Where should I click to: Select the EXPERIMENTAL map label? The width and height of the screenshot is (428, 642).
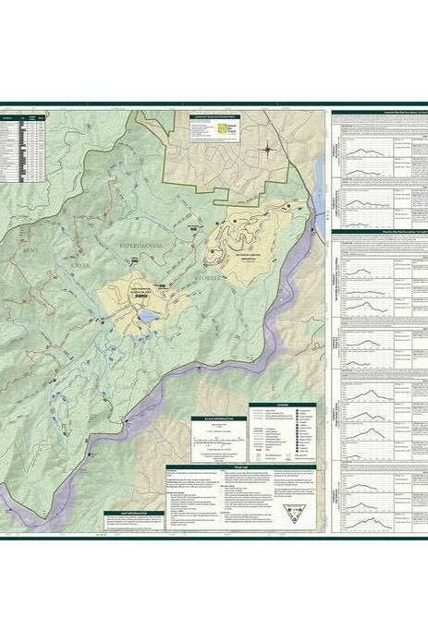click(x=140, y=245)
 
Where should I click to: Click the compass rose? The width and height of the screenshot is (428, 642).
click(x=266, y=148)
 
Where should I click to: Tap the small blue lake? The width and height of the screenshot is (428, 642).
click(x=147, y=317)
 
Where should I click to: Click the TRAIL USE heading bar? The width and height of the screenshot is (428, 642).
click(x=243, y=468)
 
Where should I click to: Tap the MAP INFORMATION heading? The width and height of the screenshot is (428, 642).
click(x=133, y=512)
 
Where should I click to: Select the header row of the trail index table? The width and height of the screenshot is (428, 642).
click(x=23, y=119)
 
